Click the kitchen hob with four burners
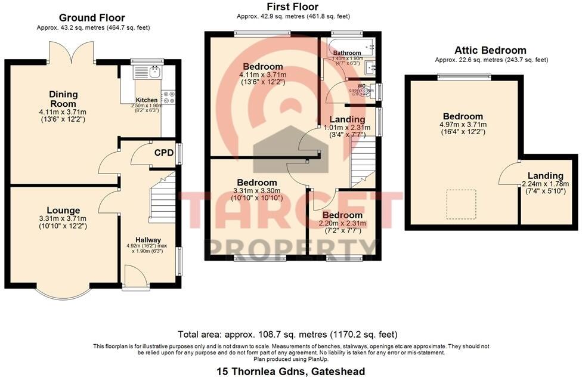tap(167, 97)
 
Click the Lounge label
tap(64, 210)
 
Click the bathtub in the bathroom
tap(348, 45)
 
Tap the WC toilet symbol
tap(372, 91)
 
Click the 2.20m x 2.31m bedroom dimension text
tap(342, 224)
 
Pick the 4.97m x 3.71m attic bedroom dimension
tap(463, 125)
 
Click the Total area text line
tap(288, 334)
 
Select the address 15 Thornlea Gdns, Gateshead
tap(290, 371)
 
